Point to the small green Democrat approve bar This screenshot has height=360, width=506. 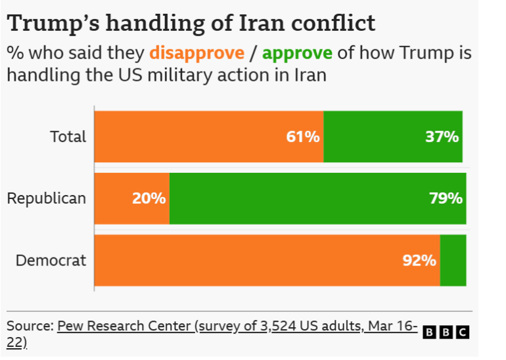(453, 260)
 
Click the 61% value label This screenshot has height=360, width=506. (303, 137)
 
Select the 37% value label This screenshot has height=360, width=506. (442, 137)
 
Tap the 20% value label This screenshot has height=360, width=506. (149, 198)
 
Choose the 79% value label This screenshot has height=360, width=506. (446, 198)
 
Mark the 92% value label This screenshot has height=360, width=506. (419, 260)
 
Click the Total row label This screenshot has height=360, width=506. (68, 137)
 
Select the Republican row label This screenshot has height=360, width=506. (47, 198)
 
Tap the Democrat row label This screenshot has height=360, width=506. (51, 260)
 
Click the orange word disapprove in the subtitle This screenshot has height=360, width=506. (196, 53)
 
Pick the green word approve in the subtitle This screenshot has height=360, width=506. (297, 53)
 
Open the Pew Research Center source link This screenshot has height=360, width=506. (237, 326)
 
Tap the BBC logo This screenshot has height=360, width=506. (446, 332)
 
